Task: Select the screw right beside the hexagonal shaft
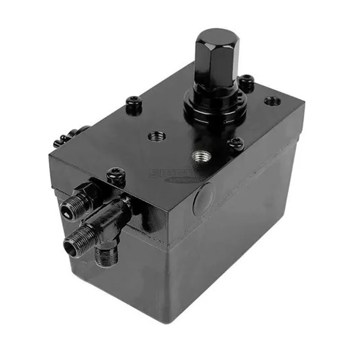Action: click(x=246, y=81)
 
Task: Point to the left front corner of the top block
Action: click(x=50, y=157)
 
